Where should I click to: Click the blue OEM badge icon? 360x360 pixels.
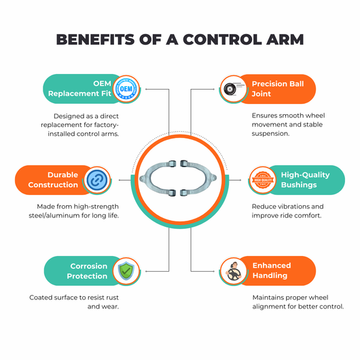click(126, 89)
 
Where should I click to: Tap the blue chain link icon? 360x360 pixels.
click(97, 180)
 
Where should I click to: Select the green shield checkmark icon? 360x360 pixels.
click(126, 271)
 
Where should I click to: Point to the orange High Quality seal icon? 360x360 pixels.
click(263, 180)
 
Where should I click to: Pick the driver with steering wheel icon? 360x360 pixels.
click(234, 271)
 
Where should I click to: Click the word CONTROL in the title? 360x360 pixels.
click(222, 39)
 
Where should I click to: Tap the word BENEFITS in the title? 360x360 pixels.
click(95, 39)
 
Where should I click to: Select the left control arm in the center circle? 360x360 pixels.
click(158, 179)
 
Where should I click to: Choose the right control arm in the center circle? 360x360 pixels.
click(198, 179)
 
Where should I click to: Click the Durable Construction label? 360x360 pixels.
click(53, 180)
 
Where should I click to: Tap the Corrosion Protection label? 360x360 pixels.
click(87, 271)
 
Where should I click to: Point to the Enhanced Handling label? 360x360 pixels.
click(272, 270)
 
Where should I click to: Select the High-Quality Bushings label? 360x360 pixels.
click(305, 180)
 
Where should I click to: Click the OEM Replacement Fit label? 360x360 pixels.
click(79, 88)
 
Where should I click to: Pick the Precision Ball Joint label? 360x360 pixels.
click(278, 89)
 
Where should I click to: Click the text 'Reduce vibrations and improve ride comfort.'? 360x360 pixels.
click(288, 211)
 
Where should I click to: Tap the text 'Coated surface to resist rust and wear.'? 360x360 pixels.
click(74, 302)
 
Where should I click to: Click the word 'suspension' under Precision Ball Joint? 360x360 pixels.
click(270, 134)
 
